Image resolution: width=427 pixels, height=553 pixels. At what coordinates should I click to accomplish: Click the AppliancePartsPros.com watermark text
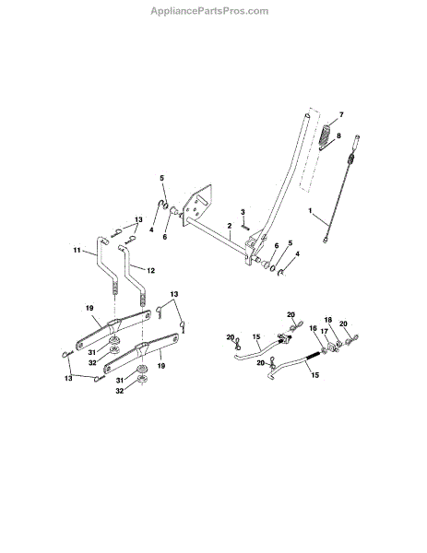click(x=209, y=11)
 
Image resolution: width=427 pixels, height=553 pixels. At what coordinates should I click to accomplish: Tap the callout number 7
click(x=341, y=115)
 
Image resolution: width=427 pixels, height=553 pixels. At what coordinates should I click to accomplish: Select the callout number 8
click(x=338, y=135)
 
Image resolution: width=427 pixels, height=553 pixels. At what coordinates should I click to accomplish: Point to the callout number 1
click(x=310, y=211)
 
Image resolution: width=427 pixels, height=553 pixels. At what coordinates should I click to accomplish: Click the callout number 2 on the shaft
click(x=230, y=226)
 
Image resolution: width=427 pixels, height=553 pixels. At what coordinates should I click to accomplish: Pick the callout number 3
click(x=243, y=212)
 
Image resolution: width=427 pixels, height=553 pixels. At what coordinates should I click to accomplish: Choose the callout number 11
click(x=77, y=250)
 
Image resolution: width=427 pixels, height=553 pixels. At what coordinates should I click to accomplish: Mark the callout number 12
click(x=150, y=270)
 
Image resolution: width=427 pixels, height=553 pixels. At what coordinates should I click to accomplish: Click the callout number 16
click(x=313, y=328)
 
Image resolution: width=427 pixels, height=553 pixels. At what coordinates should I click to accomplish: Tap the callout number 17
click(x=324, y=332)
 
